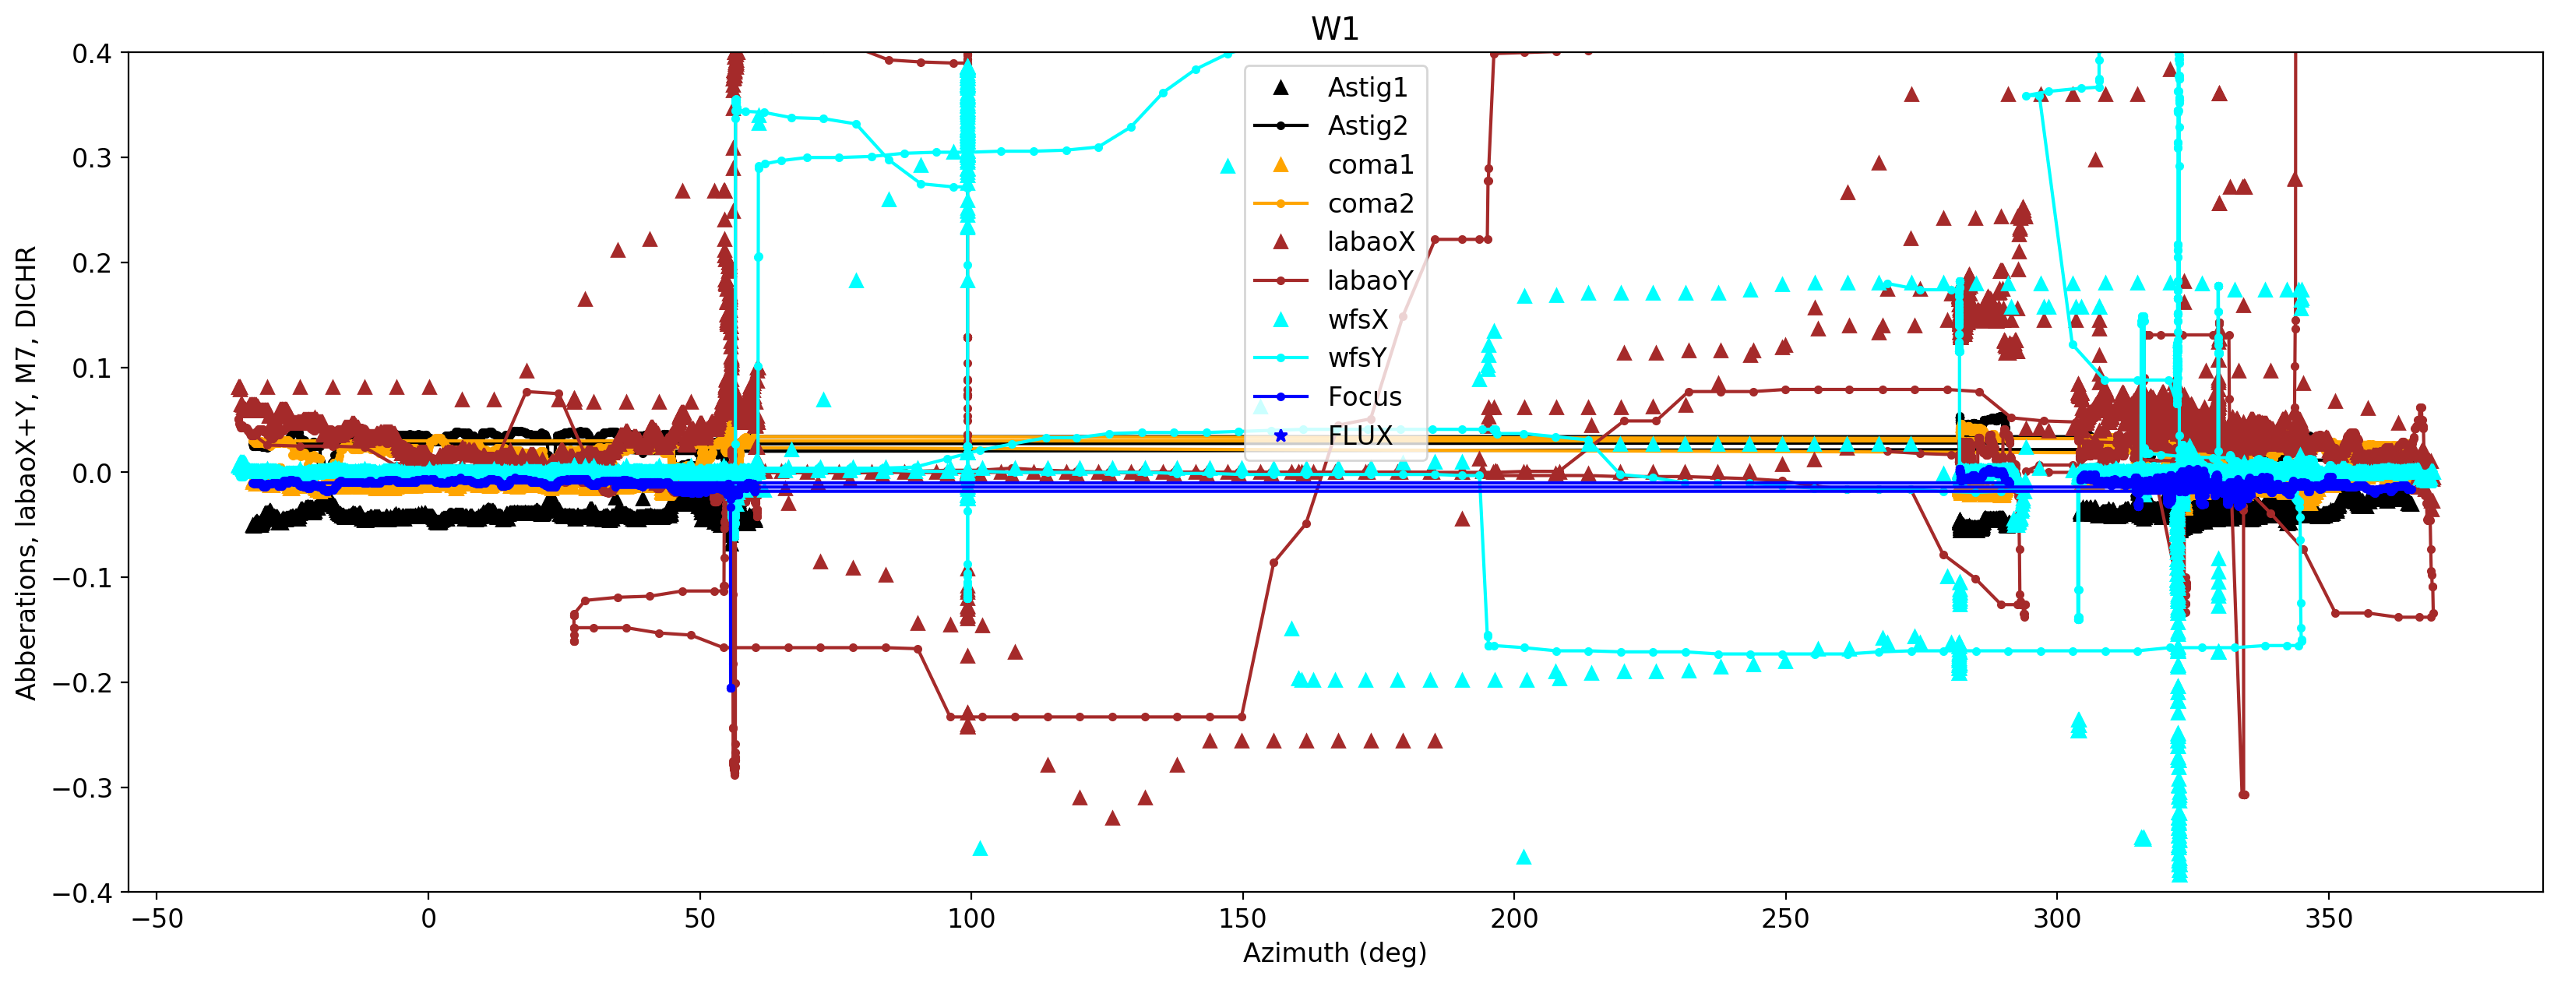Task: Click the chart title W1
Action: [x=1334, y=29]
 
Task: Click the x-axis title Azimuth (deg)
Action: [x=1334, y=953]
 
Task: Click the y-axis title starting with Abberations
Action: [x=26, y=473]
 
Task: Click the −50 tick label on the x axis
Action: [x=157, y=919]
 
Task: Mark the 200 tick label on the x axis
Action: [x=1514, y=919]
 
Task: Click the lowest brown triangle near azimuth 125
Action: [x=1112, y=818]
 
